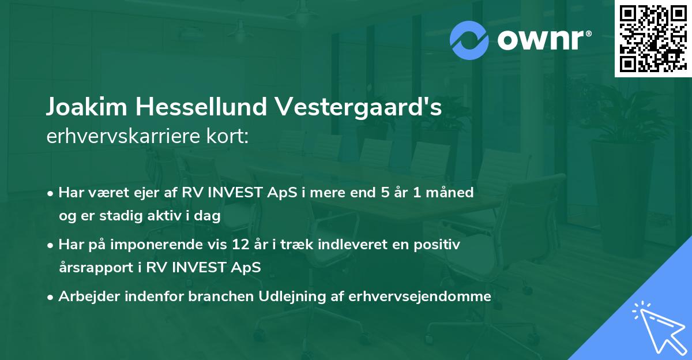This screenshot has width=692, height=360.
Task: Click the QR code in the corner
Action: tap(652, 38)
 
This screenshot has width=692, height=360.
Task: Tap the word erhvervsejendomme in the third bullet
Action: tap(426, 297)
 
